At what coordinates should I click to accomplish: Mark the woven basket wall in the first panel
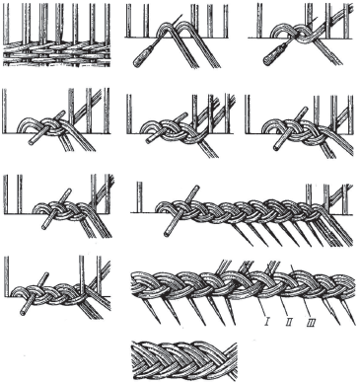pos(56,52)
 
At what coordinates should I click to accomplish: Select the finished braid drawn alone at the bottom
pos(184,359)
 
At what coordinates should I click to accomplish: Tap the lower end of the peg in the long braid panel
pos(168,234)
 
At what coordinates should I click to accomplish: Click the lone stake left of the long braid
pos(140,197)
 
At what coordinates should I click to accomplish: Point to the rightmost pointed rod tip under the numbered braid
pos(354,324)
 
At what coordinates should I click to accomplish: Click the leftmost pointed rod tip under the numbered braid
pos(160,323)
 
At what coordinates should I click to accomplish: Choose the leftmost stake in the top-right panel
pos(259,21)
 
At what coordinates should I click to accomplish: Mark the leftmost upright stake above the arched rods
pos(128,21)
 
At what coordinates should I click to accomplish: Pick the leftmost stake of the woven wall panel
pos(6,24)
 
